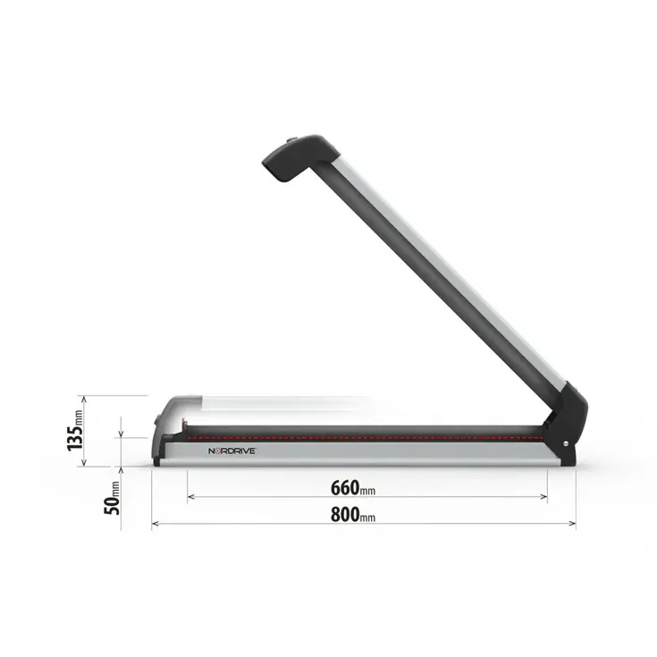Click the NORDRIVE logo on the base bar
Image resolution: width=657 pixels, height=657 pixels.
tap(232, 452)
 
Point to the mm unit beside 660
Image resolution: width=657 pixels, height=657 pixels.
tap(368, 490)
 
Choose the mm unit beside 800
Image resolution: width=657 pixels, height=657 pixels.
tap(368, 517)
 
